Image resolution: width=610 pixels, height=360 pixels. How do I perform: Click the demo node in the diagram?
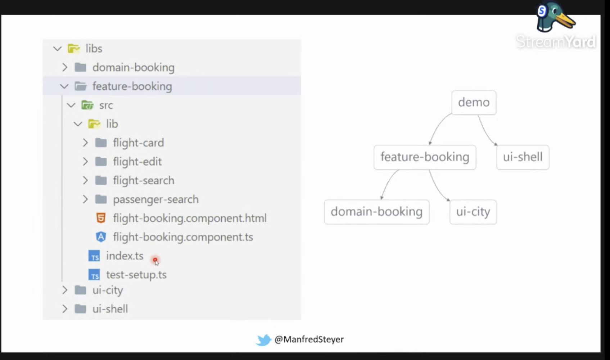pyautogui.click(x=474, y=103)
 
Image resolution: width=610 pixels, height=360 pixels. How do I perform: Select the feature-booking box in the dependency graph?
pyautogui.click(x=425, y=157)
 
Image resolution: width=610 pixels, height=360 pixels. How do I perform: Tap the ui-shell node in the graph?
pyautogui.click(x=523, y=157)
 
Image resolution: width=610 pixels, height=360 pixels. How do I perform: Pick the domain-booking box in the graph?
pyautogui.click(x=376, y=212)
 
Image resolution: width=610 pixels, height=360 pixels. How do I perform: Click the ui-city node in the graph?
pyautogui.click(x=473, y=212)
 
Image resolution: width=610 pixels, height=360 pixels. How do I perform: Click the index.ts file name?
pyautogui.click(x=125, y=256)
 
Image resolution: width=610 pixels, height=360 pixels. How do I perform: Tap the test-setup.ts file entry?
pyautogui.click(x=136, y=275)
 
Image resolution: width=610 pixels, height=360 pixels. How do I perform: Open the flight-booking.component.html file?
pyautogui.click(x=190, y=218)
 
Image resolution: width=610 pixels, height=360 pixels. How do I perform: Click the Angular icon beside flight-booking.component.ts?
pyautogui.click(x=101, y=237)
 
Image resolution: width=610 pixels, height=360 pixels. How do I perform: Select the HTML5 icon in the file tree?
pyautogui.click(x=101, y=218)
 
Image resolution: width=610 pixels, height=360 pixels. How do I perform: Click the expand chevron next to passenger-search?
pyautogui.click(x=85, y=199)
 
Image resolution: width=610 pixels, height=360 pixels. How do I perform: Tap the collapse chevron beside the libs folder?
pyautogui.click(x=57, y=49)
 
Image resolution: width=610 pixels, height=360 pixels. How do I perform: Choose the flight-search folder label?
pyautogui.click(x=143, y=180)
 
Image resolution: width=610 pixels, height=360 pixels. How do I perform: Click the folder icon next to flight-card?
pyautogui.click(x=101, y=143)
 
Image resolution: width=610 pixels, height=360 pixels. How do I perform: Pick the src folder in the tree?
pyautogui.click(x=106, y=105)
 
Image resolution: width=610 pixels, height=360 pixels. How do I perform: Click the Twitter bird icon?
pyautogui.click(x=263, y=340)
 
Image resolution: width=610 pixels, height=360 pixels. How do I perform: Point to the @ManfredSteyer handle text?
pyautogui.click(x=309, y=339)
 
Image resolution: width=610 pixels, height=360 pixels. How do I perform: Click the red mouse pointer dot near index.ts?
pyautogui.click(x=155, y=260)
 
